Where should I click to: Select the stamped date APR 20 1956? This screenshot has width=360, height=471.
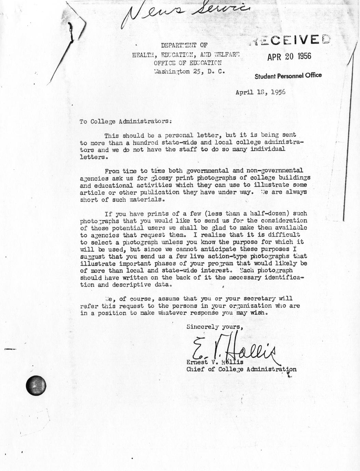point(289,56)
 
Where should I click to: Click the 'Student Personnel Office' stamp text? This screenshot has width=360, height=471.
point(288,76)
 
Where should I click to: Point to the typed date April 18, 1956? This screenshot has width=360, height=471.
point(261,92)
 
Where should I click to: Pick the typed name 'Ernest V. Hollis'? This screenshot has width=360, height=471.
point(215,362)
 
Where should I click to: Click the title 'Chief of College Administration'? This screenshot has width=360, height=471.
point(241,369)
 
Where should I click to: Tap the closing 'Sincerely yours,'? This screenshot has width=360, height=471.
point(215,327)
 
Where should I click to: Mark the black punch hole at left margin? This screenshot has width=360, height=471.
point(36,385)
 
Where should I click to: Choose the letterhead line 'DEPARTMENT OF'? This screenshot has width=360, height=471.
point(184,45)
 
